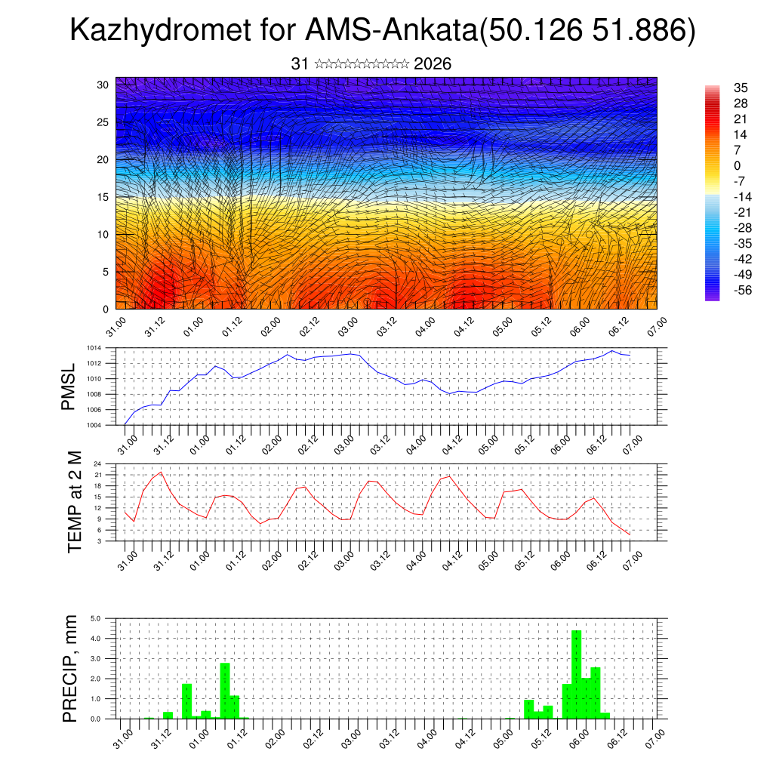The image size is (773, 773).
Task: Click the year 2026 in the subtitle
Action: click(x=433, y=64)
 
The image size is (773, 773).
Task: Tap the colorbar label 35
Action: click(x=741, y=88)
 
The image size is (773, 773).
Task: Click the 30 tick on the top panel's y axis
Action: click(x=103, y=85)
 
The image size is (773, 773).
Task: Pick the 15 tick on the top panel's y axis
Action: click(x=103, y=197)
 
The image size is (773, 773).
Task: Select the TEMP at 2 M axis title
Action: click(x=74, y=502)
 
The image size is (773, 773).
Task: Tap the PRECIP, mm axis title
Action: click(x=70, y=668)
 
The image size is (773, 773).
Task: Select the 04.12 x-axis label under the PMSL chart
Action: click(x=451, y=440)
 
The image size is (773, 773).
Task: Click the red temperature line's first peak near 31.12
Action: click(x=161, y=472)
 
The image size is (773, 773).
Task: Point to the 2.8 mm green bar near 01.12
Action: click(x=225, y=690)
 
